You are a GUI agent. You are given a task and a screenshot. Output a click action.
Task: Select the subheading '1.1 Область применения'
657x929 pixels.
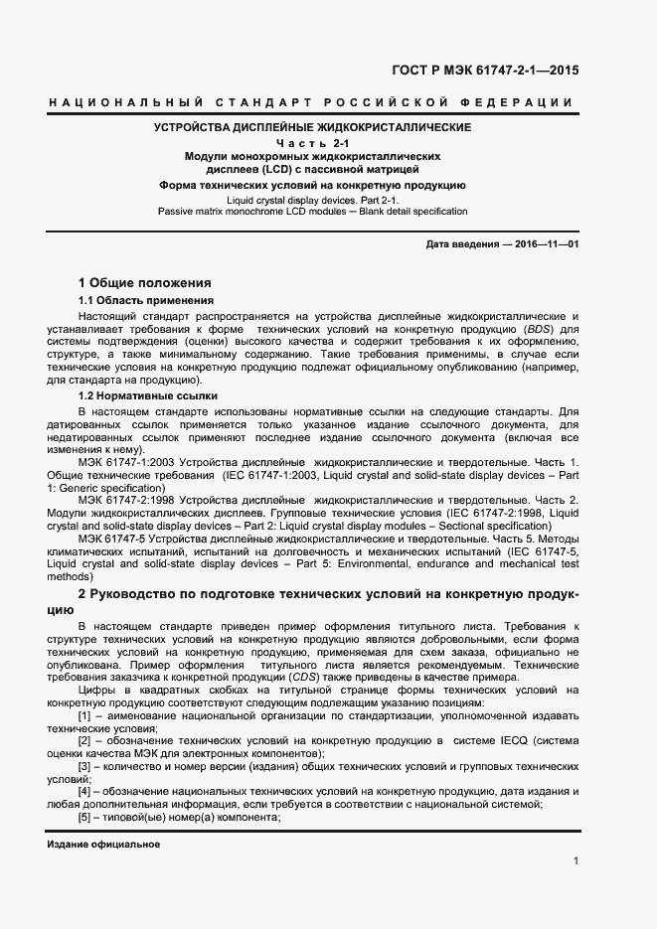tap(146, 300)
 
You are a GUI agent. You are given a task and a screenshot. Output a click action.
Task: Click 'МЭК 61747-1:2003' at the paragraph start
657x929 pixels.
tap(124, 464)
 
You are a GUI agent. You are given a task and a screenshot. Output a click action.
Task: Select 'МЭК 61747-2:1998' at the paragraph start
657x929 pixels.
tap(124, 500)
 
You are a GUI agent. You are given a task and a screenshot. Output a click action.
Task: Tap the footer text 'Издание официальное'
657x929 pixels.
tap(103, 843)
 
